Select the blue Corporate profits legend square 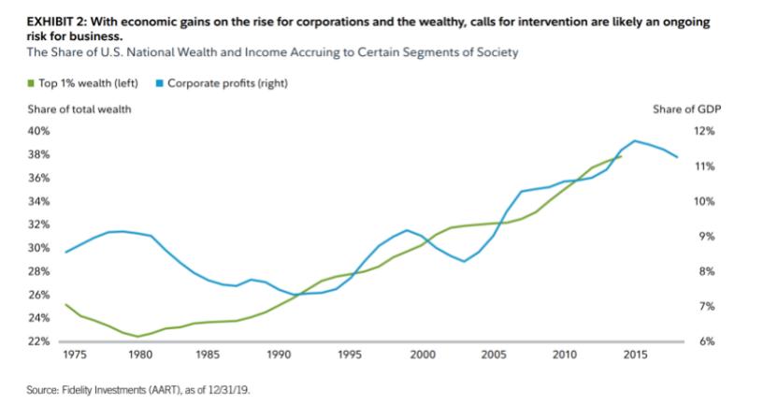160,84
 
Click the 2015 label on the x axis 634,355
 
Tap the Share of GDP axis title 696,110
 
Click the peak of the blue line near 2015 635,140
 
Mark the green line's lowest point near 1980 138,336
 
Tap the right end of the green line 621,156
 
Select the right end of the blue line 677,156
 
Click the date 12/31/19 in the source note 234,386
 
